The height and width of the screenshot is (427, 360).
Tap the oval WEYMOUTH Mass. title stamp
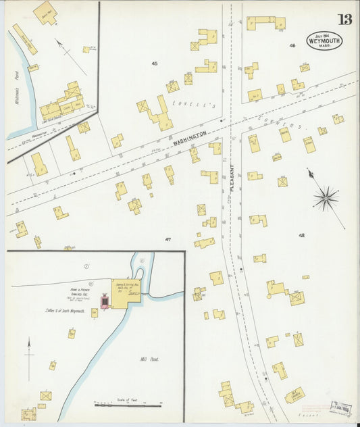point(324,41)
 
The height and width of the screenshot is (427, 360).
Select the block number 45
point(155,63)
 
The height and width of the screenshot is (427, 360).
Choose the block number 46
point(292,46)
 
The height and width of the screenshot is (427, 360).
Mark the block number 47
point(168,239)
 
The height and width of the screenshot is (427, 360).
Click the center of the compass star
point(326,198)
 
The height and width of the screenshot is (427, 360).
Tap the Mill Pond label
point(147,359)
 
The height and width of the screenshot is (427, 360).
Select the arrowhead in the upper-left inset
point(59,43)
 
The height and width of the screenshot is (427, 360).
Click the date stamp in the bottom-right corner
point(340,409)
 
